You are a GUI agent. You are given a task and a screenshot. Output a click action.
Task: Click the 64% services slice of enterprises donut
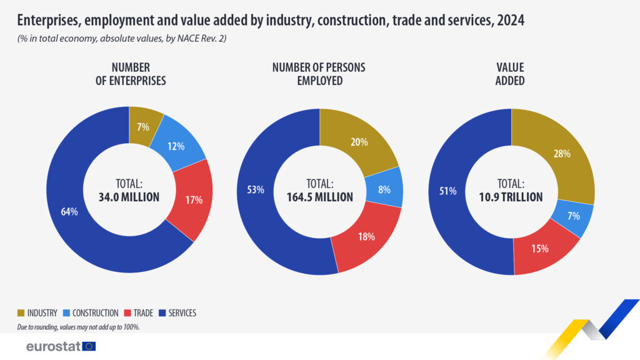click(69, 212)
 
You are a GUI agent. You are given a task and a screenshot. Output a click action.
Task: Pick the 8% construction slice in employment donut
click(384, 189)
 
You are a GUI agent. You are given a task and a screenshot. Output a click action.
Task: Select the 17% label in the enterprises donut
click(194, 200)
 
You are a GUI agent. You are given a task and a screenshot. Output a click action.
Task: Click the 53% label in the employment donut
click(256, 190)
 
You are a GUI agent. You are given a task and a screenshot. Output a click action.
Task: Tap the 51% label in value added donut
click(447, 191)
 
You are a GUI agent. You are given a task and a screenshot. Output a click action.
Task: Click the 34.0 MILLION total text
click(129, 197)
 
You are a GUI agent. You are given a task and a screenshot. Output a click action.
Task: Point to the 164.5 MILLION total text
click(319, 197)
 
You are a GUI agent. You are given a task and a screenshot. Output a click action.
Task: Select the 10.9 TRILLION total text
click(511, 197)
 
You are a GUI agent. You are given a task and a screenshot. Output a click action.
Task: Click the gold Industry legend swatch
click(21, 313)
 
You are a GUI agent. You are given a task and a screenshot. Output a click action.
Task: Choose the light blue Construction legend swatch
click(66, 313)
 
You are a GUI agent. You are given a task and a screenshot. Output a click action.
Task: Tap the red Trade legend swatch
click(127, 313)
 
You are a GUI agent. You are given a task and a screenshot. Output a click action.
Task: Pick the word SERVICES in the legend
click(182, 313)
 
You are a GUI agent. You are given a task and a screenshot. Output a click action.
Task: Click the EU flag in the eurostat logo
click(89, 346)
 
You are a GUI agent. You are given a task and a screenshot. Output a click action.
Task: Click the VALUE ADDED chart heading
click(510, 74)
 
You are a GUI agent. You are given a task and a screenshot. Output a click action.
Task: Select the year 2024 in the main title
click(511, 21)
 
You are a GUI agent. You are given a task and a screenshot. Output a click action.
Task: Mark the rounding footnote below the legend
click(78, 327)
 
